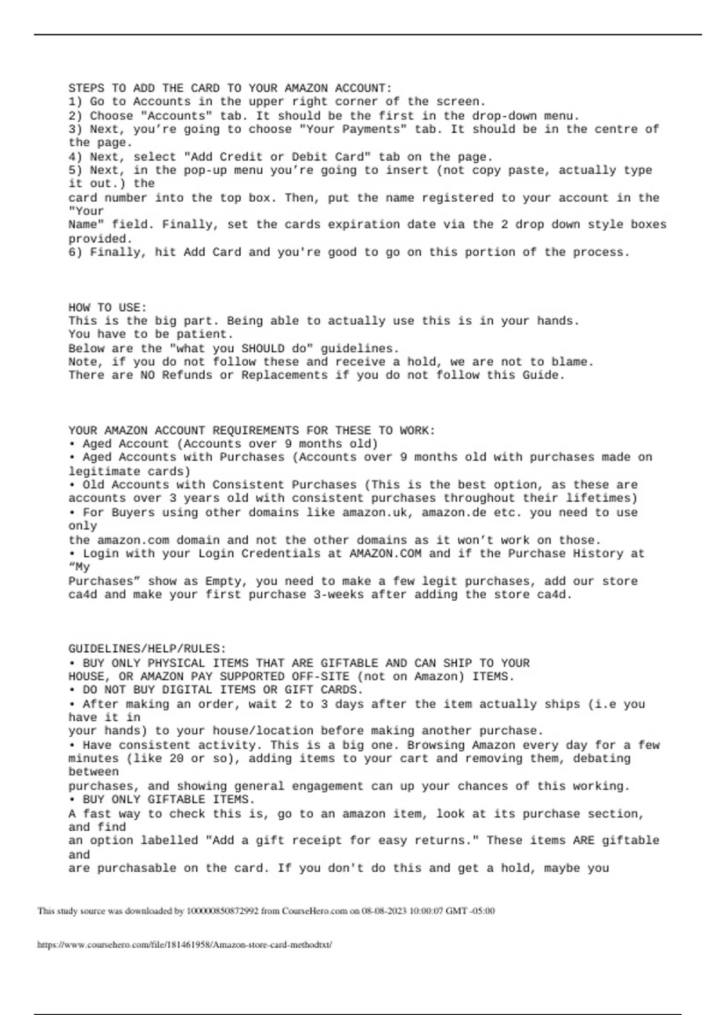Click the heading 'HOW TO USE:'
(107, 307)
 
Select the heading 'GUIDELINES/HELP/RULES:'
(147, 648)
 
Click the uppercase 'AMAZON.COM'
(385, 553)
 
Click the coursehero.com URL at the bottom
(184, 945)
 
